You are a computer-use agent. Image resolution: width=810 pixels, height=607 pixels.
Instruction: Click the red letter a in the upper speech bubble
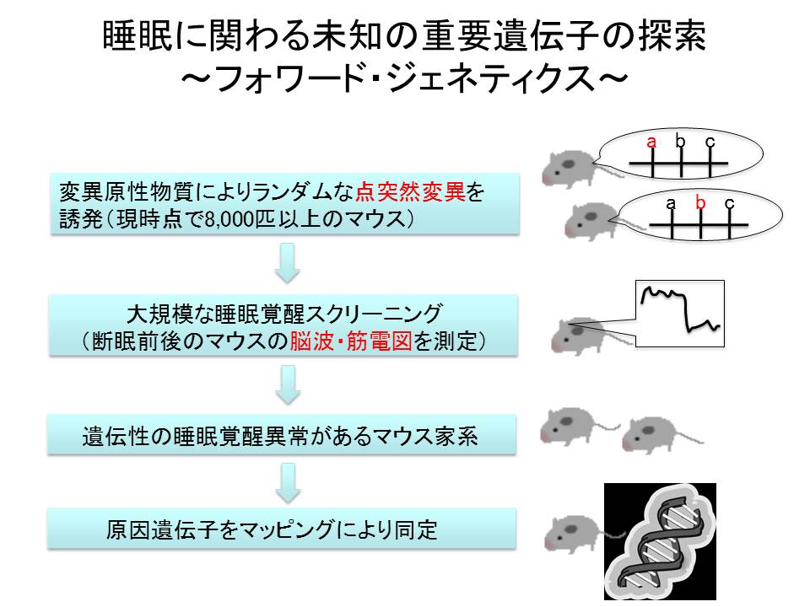pyautogui.click(x=651, y=142)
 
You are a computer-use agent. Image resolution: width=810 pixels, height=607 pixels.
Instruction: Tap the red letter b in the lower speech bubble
pyautogui.click(x=699, y=203)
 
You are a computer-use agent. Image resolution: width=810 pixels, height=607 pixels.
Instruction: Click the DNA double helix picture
pyautogui.click(x=660, y=540)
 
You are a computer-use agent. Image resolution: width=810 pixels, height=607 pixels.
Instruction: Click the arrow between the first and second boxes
pyautogui.click(x=289, y=263)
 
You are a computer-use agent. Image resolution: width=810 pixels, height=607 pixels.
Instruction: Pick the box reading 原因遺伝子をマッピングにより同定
pyautogui.click(x=281, y=529)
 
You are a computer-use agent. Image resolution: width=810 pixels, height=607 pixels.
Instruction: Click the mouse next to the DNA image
pyautogui.click(x=571, y=534)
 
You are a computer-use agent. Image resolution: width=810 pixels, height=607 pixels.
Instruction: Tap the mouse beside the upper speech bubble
pyautogui.click(x=568, y=167)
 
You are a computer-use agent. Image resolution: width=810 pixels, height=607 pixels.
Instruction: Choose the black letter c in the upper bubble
pyautogui.click(x=710, y=142)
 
